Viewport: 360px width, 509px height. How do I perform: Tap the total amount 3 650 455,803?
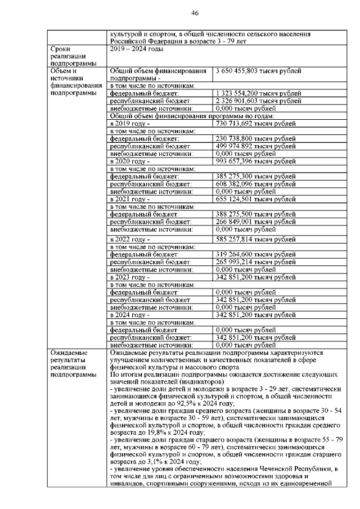click(242, 71)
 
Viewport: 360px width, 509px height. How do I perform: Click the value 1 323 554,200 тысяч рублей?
click(254, 93)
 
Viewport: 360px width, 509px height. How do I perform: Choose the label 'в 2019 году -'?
click(130, 123)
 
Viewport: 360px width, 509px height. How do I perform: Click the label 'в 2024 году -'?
click(130, 315)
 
